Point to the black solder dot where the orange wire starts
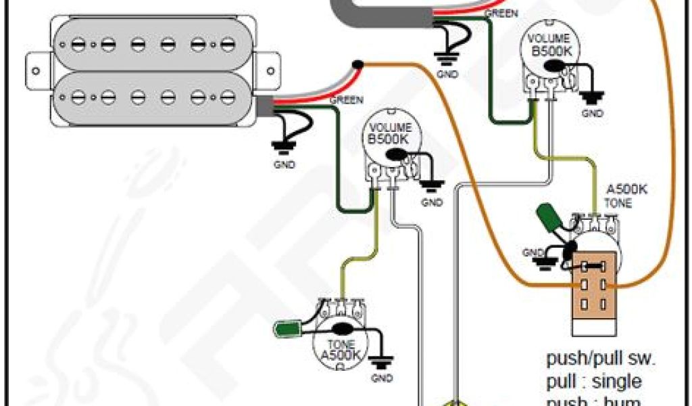pyautogui.click(x=357, y=65)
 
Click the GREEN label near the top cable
pyautogui.click(x=501, y=13)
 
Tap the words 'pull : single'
pyautogui.click(x=594, y=380)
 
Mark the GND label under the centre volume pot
pyautogui.click(x=431, y=202)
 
